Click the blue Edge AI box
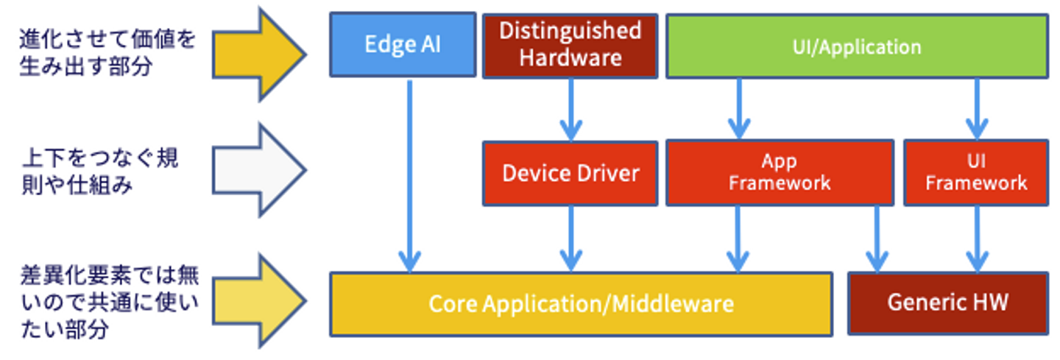click(x=402, y=44)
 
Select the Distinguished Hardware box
click(x=570, y=45)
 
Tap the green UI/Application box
click(x=857, y=46)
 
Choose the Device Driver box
click(x=570, y=173)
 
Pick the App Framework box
click(x=779, y=172)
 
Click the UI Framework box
click(x=975, y=172)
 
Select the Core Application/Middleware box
click(x=581, y=303)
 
